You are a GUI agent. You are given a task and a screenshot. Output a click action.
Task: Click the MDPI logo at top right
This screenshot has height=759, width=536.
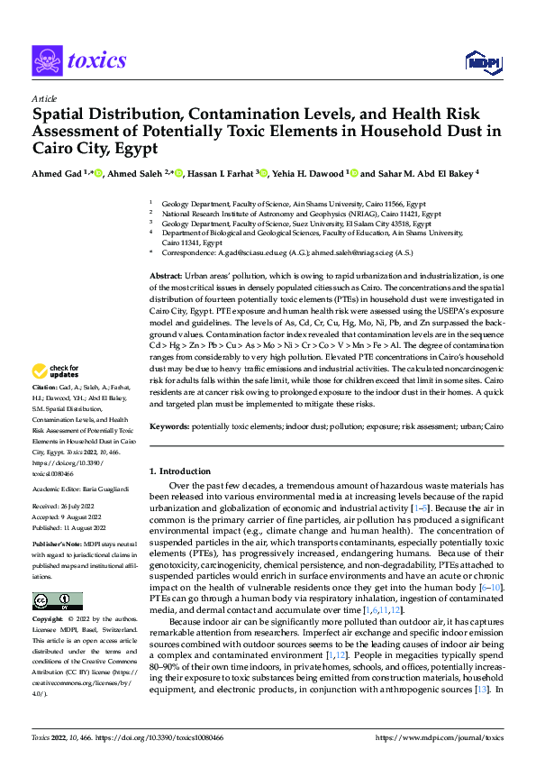click(482, 60)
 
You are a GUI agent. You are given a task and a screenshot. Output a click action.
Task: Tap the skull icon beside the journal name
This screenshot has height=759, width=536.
click(46, 60)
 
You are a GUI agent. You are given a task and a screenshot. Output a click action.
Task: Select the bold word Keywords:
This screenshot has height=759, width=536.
click(169, 450)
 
